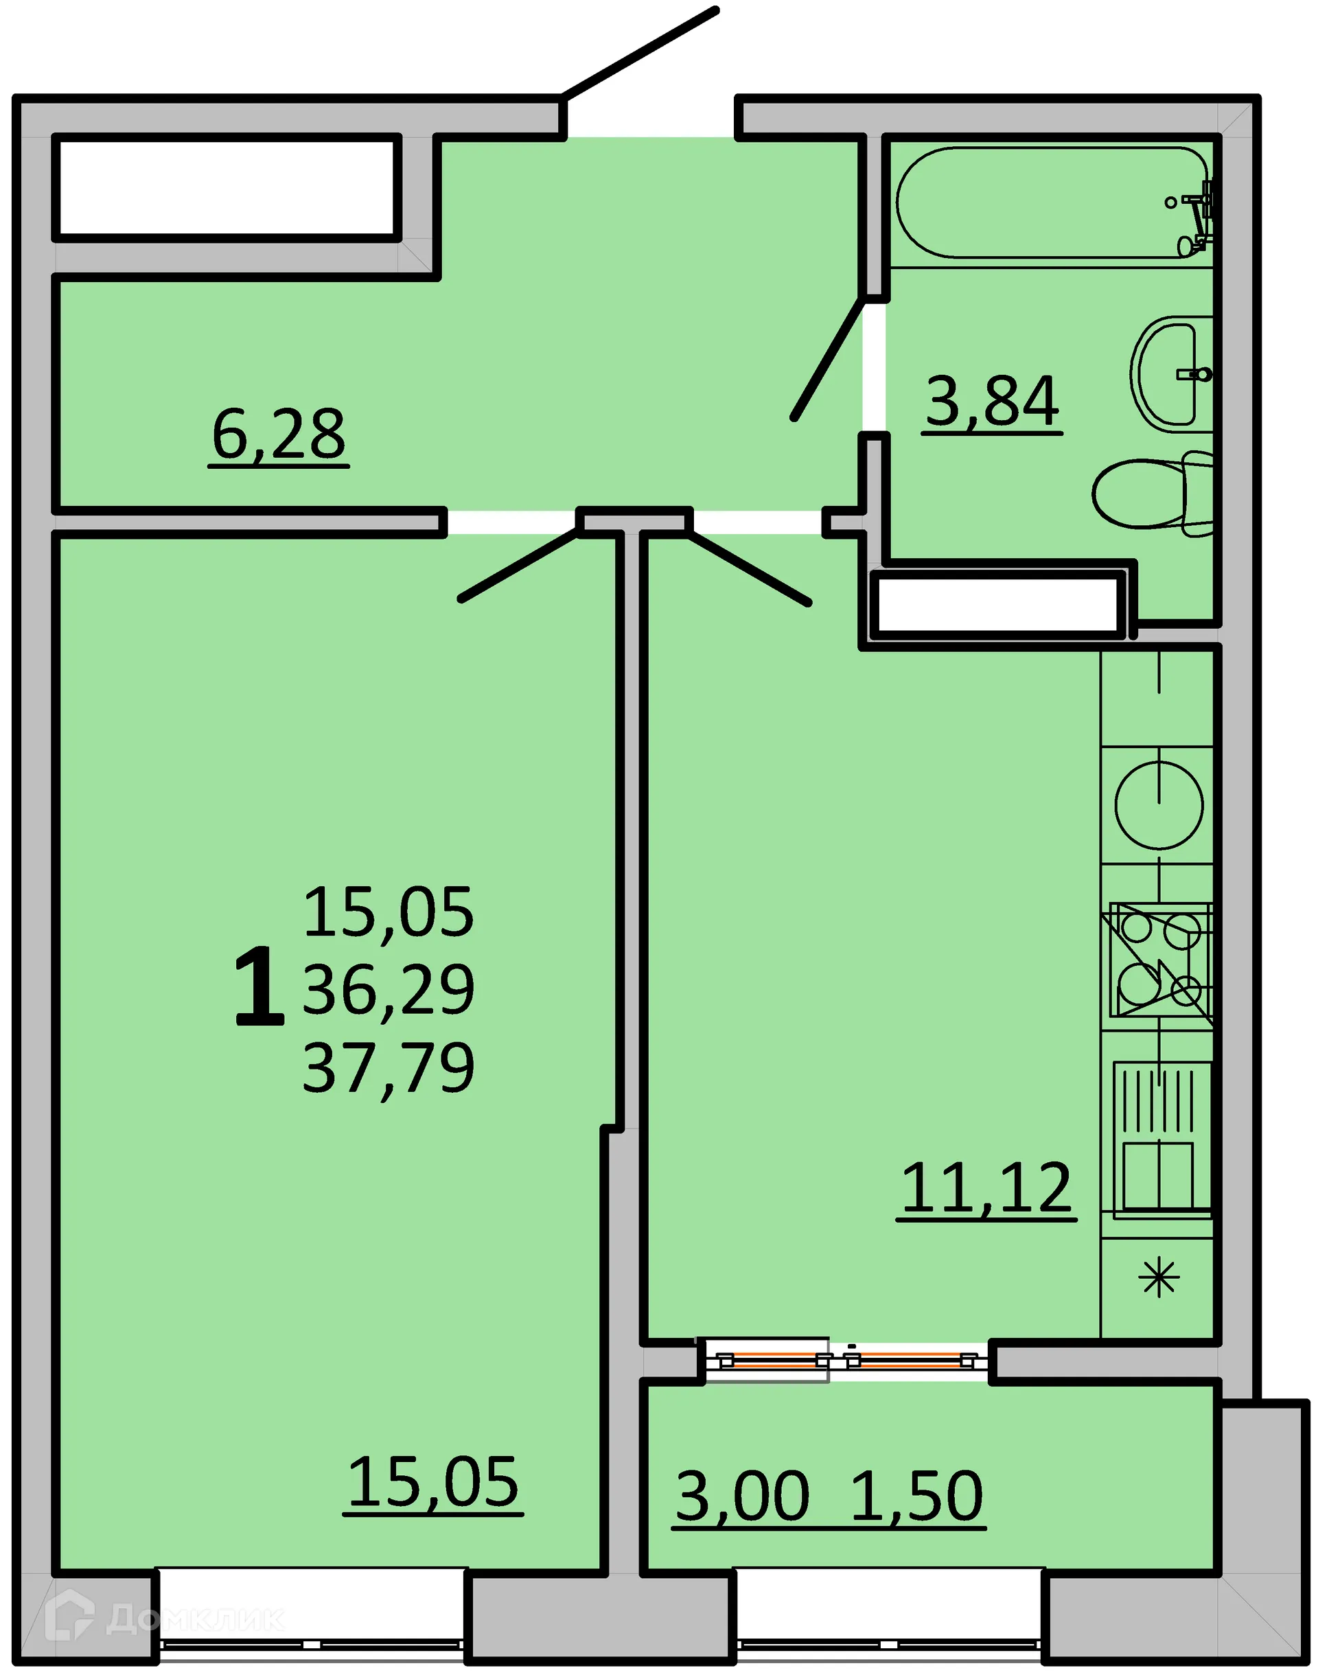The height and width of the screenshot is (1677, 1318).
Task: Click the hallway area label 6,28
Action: pos(279,435)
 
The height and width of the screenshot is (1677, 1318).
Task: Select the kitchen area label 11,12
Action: pos(986,1188)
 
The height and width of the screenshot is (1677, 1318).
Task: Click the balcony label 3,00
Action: pos(742,1496)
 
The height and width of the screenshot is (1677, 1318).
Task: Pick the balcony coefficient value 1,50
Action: pos(916,1496)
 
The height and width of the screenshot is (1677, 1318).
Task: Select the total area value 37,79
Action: pos(388,1068)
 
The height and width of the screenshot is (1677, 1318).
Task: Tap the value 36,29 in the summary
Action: pos(388,989)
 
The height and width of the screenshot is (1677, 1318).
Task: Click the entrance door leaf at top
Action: pos(640,52)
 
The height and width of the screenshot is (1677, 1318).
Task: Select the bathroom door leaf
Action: pos(829,359)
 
